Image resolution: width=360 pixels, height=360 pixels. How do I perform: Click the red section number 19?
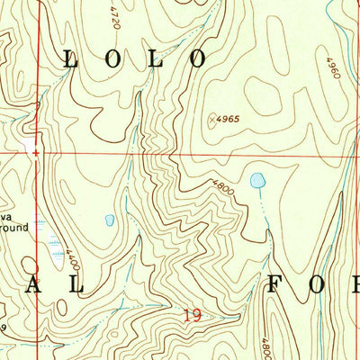(191, 315)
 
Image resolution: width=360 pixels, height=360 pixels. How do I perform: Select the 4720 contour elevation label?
(114, 15)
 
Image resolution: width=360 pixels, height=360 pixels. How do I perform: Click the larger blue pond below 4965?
(258, 181)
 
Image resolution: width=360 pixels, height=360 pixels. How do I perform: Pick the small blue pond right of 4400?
(110, 220)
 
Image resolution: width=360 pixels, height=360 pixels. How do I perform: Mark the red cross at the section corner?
(36, 153)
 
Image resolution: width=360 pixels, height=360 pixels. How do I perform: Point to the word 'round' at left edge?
(13, 229)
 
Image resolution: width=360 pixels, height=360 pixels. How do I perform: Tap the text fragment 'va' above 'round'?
(7, 216)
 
